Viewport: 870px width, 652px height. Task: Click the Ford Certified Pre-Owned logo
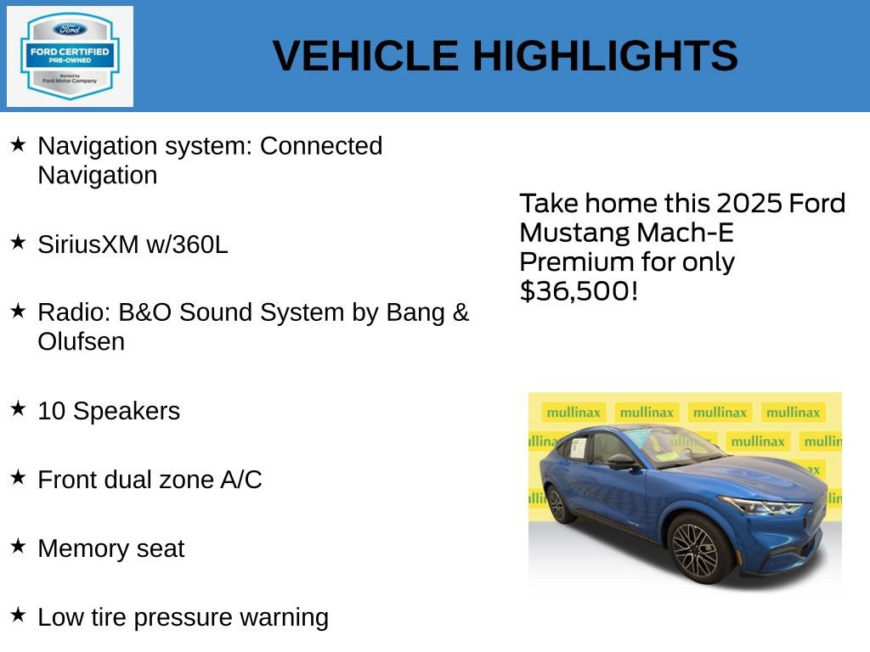point(70,56)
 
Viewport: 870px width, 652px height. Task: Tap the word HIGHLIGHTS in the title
point(605,56)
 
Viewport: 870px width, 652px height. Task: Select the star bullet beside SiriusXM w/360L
point(18,243)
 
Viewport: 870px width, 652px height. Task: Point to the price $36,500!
point(578,291)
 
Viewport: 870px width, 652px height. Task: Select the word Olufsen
point(81,342)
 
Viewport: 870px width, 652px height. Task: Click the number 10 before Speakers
point(51,411)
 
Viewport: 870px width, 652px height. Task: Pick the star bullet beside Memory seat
point(18,547)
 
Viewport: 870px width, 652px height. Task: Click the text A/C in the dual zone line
point(241,480)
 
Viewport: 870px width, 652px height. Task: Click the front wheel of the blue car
point(695,549)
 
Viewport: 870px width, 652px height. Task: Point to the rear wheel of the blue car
point(557,504)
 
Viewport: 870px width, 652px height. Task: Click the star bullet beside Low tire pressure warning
point(18,615)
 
